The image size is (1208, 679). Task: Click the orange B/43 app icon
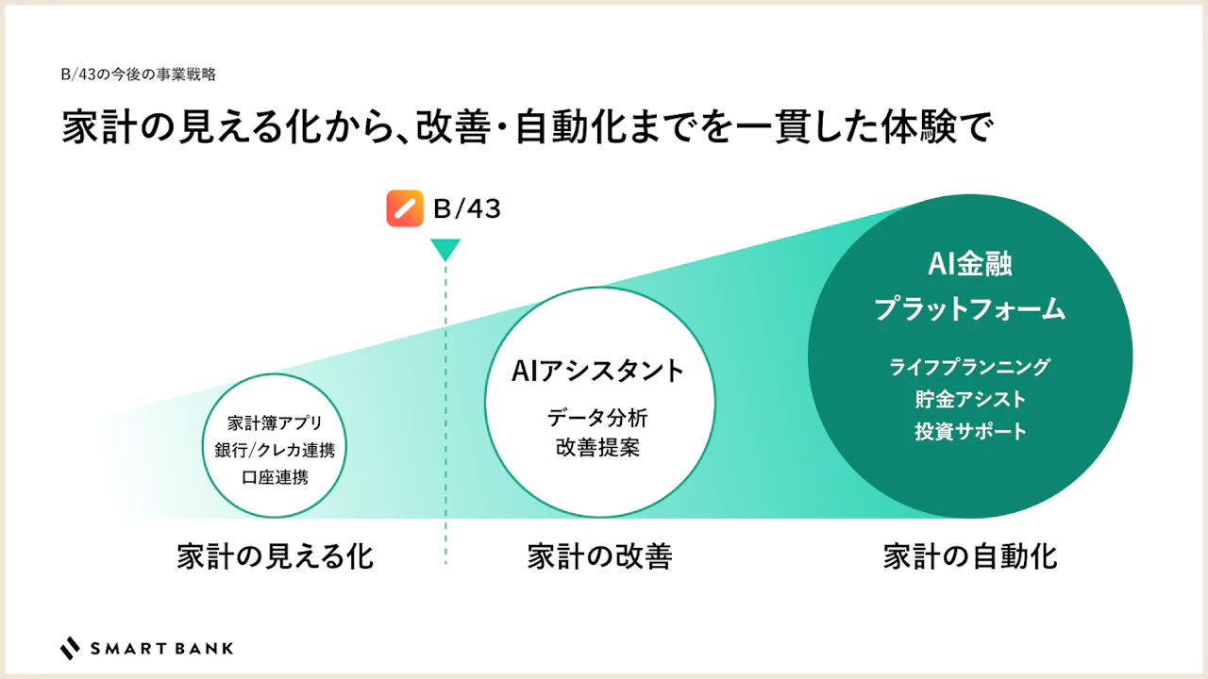click(x=405, y=208)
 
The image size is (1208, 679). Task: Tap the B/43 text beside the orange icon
click(x=467, y=209)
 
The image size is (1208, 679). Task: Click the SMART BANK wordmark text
click(x=161, y=648)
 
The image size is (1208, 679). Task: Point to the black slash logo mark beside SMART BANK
click(x=70, y=648)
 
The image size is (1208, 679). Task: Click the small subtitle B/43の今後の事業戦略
click(x=139, y=75)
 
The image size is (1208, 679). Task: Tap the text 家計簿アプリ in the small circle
click(x=275, y=423)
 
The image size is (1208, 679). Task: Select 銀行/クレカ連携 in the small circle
click(x=275, y=450)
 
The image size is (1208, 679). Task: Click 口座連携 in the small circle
click(x=275, y=477)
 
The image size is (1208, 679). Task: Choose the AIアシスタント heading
click(x=597, y=371)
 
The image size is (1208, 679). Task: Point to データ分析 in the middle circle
click(x=597, y=418)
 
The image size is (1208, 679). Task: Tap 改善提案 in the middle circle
click(x=597, y=447)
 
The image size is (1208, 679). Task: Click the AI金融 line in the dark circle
click(x=969, y=264)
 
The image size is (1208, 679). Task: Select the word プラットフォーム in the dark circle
click(x=969, y=308)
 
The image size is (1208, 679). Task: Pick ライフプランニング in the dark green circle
click(x=969, y=367)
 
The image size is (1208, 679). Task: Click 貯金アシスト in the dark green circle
click(x=969, y=399)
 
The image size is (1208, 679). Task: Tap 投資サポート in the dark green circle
click(x=969, y=431)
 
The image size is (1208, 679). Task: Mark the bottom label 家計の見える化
click(x=275, y=556)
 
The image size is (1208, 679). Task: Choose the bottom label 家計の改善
click(x=599, y=556)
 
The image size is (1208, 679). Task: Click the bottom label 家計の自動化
click(x=969, y=556)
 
